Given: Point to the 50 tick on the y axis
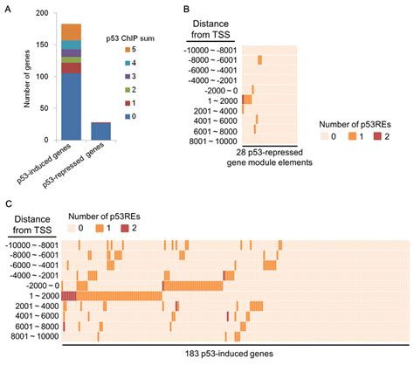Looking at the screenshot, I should [x=49, y=107].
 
